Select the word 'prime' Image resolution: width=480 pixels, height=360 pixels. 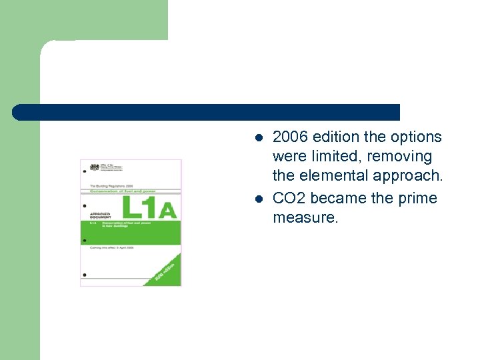tap(418, 199)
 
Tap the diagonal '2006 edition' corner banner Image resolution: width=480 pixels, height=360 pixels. tap(165, 271)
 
